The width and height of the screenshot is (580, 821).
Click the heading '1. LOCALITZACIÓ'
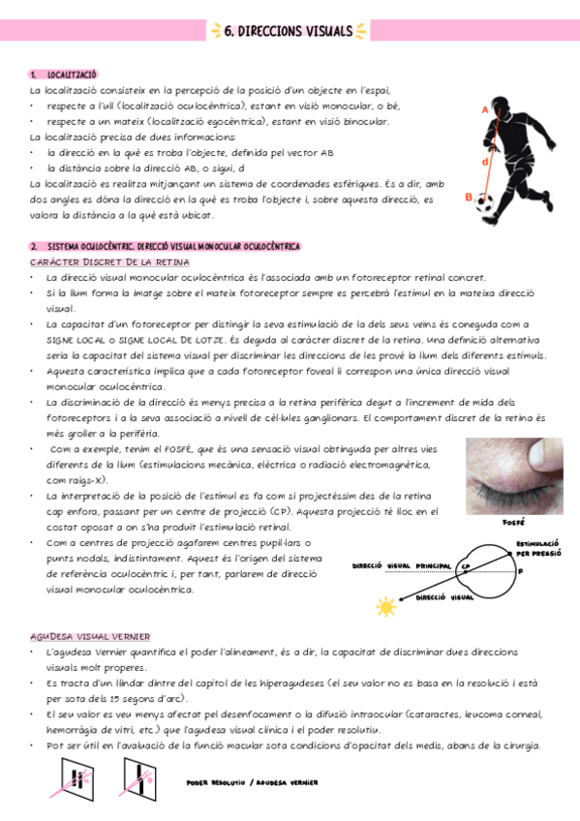coord(63,75)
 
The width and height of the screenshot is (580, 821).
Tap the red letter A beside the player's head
coord(483,109)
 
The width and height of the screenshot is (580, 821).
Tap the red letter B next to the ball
coord(469,198)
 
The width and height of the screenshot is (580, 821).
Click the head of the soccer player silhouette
coord(504,103)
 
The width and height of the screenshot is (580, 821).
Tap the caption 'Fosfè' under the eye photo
coord(514,523)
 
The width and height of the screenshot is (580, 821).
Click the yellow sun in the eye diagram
coord(386,607)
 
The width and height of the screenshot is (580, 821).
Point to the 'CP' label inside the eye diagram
coord(466,566)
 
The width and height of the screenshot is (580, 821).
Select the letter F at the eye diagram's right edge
coord(521,571)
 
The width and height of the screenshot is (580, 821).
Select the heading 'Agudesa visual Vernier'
coord(90,636)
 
